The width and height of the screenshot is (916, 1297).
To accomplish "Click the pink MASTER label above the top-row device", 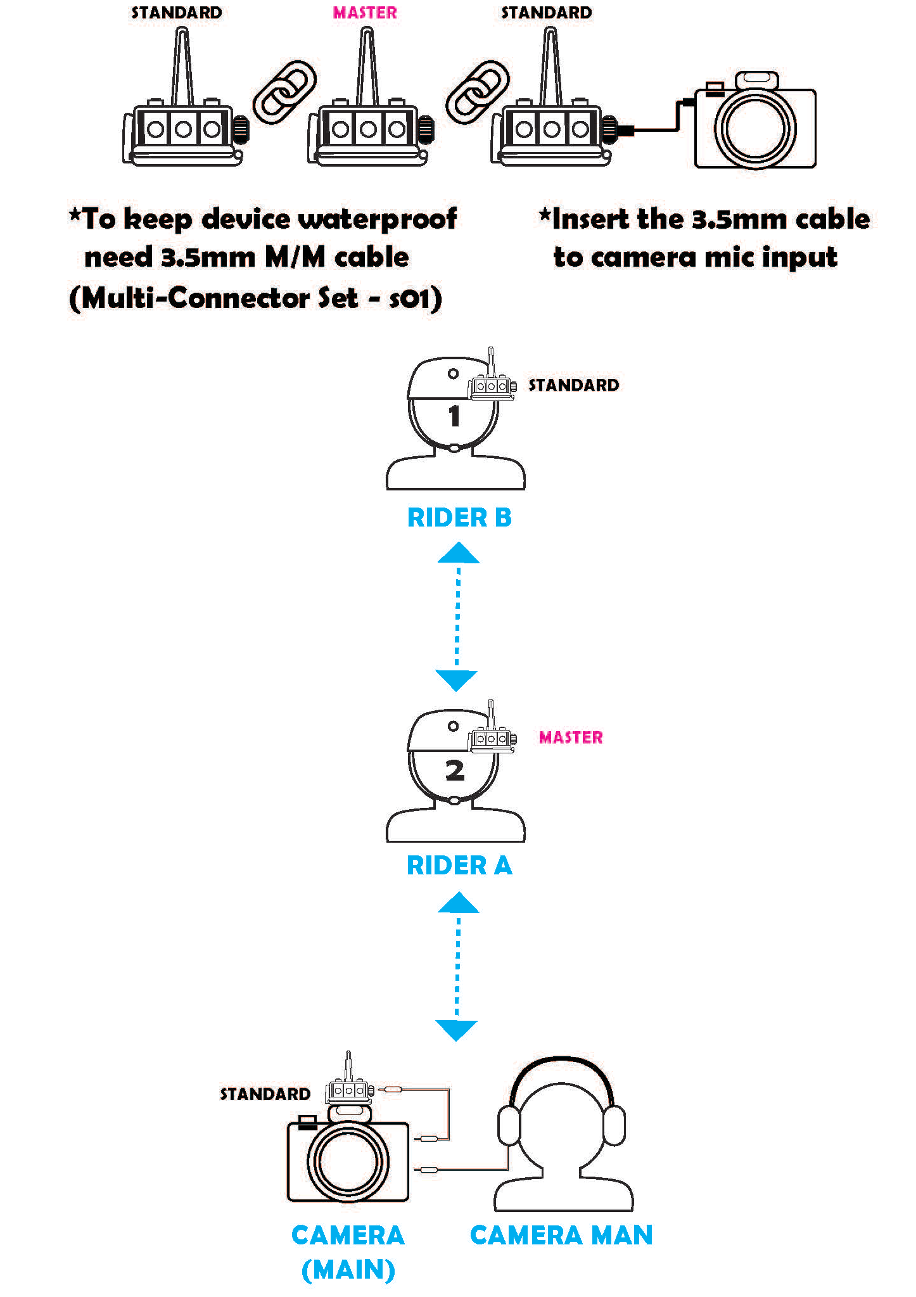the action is coord(365,13).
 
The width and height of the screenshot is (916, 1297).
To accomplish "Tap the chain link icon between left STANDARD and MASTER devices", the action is coord(284,92).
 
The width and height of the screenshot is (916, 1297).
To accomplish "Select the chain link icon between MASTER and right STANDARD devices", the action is coord(478,92).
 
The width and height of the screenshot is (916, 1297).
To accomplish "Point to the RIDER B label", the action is coord(459,518).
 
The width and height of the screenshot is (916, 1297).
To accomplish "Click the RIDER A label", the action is coord(459,865).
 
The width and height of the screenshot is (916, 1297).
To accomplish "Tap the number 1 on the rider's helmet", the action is coord(454,416).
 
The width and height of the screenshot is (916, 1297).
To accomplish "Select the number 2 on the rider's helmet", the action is coord(455,770).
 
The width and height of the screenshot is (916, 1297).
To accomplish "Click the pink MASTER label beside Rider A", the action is coord(571,738).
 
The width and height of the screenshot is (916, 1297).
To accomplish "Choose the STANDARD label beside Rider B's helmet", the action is coord(574,385).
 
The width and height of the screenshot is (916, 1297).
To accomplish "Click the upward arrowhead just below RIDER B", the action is coord(459,553).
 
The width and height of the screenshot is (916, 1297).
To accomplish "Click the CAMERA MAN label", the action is coord(561,1236).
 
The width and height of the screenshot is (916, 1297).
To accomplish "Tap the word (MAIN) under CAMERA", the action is coord(348,1270).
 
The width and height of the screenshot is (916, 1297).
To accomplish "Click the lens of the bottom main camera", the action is coord(348,1162).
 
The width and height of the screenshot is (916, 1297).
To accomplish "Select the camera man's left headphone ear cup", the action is coord(509,1125).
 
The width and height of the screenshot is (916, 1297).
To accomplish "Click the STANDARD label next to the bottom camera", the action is coord(265,1094).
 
